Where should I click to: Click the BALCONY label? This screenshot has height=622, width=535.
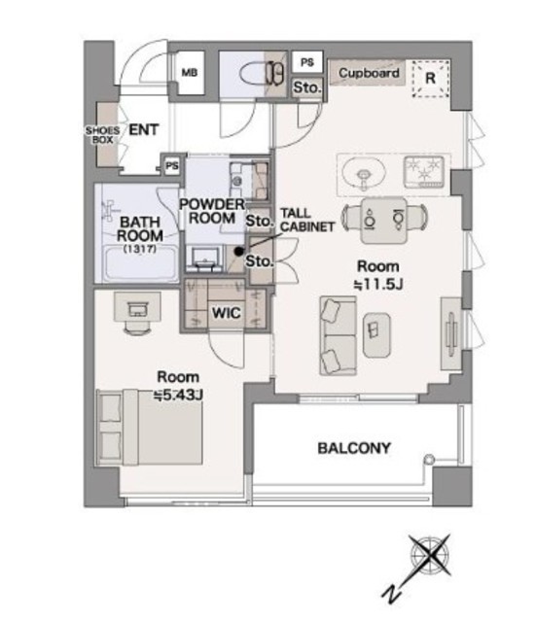pyautogui.click(x=354, y=448)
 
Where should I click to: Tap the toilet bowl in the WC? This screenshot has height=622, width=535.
pyautogui.click(x=253, y=74)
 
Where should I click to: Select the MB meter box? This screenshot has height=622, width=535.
pyautogui.click(x=190, y=73)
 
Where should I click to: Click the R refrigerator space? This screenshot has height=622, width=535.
pyautogui.click(x=431, y=79)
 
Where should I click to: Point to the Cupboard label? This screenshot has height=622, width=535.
pyautogui.click(x=369, y=73)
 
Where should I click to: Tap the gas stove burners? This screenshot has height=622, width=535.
pyautogui.click(x=423, y=172)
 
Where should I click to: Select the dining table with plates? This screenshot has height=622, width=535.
pyautogui.click(x=384, y=221)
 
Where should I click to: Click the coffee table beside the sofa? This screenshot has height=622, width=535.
pyautogui.click(x=376, y=334)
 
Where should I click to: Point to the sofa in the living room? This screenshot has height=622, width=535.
pyautogui.click(x=339, y=335)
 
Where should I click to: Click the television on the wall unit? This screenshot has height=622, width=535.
pyautogui.click(x=452, y=333)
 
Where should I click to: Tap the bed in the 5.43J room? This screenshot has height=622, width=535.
pyautogui.click(x=150, y=427)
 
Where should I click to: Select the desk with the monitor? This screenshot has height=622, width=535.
pyautogui.click(x=137, y=307)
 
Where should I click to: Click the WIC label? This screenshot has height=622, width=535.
pyautogui.click(x=227, y=313)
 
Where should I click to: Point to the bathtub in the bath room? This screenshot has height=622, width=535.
pyautogui.click(x=140, y=263)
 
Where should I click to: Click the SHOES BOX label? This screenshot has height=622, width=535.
pyautogui.click(x=103, y=135)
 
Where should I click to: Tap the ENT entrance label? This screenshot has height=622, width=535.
pyautogui.click(x=144, y=129)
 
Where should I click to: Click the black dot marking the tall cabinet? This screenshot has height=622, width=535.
pyautogui.click(x=238, y=251)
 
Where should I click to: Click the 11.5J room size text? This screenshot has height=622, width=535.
pyautogui.click(x=378, y=285)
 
